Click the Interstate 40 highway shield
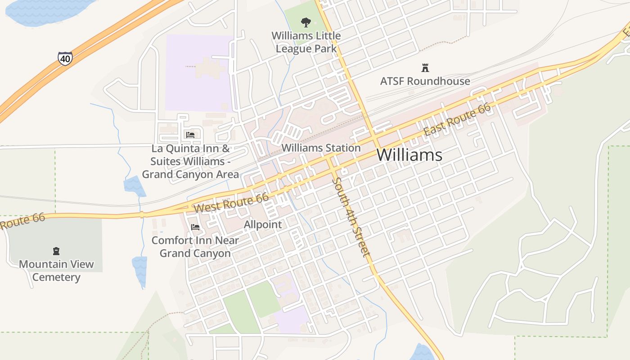(65, 58)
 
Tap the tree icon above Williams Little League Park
(306, 22)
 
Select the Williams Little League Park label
(306, 42)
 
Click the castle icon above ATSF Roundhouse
(425, 68)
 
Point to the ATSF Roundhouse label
(425, 81)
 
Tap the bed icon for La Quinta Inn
(190, 135)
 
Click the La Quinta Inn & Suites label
(190, 161)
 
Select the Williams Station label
(321, 148)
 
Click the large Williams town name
(409, 155)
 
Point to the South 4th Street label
(352, 217)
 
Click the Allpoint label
(263, 224)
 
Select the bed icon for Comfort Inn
(195, 227)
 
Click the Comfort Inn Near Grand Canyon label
(195, 247)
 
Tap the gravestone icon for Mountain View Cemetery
(56, 251)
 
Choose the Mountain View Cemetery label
(56, 270)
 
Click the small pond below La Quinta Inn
(134, 186)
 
